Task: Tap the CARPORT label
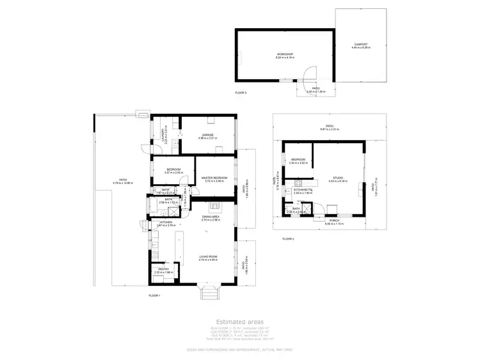tap(360, 45)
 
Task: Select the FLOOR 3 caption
tap(240, 93)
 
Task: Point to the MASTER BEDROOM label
tap(214, 179)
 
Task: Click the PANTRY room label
tap(163, 270)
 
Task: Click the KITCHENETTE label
tap(303, 190)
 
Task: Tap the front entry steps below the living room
tap(209, 293)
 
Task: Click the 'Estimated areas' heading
tap(239, 322)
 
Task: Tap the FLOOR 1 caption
tap(154, 295)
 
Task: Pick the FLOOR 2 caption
tap(288, 239)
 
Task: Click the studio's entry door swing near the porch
tap(332, 209)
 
